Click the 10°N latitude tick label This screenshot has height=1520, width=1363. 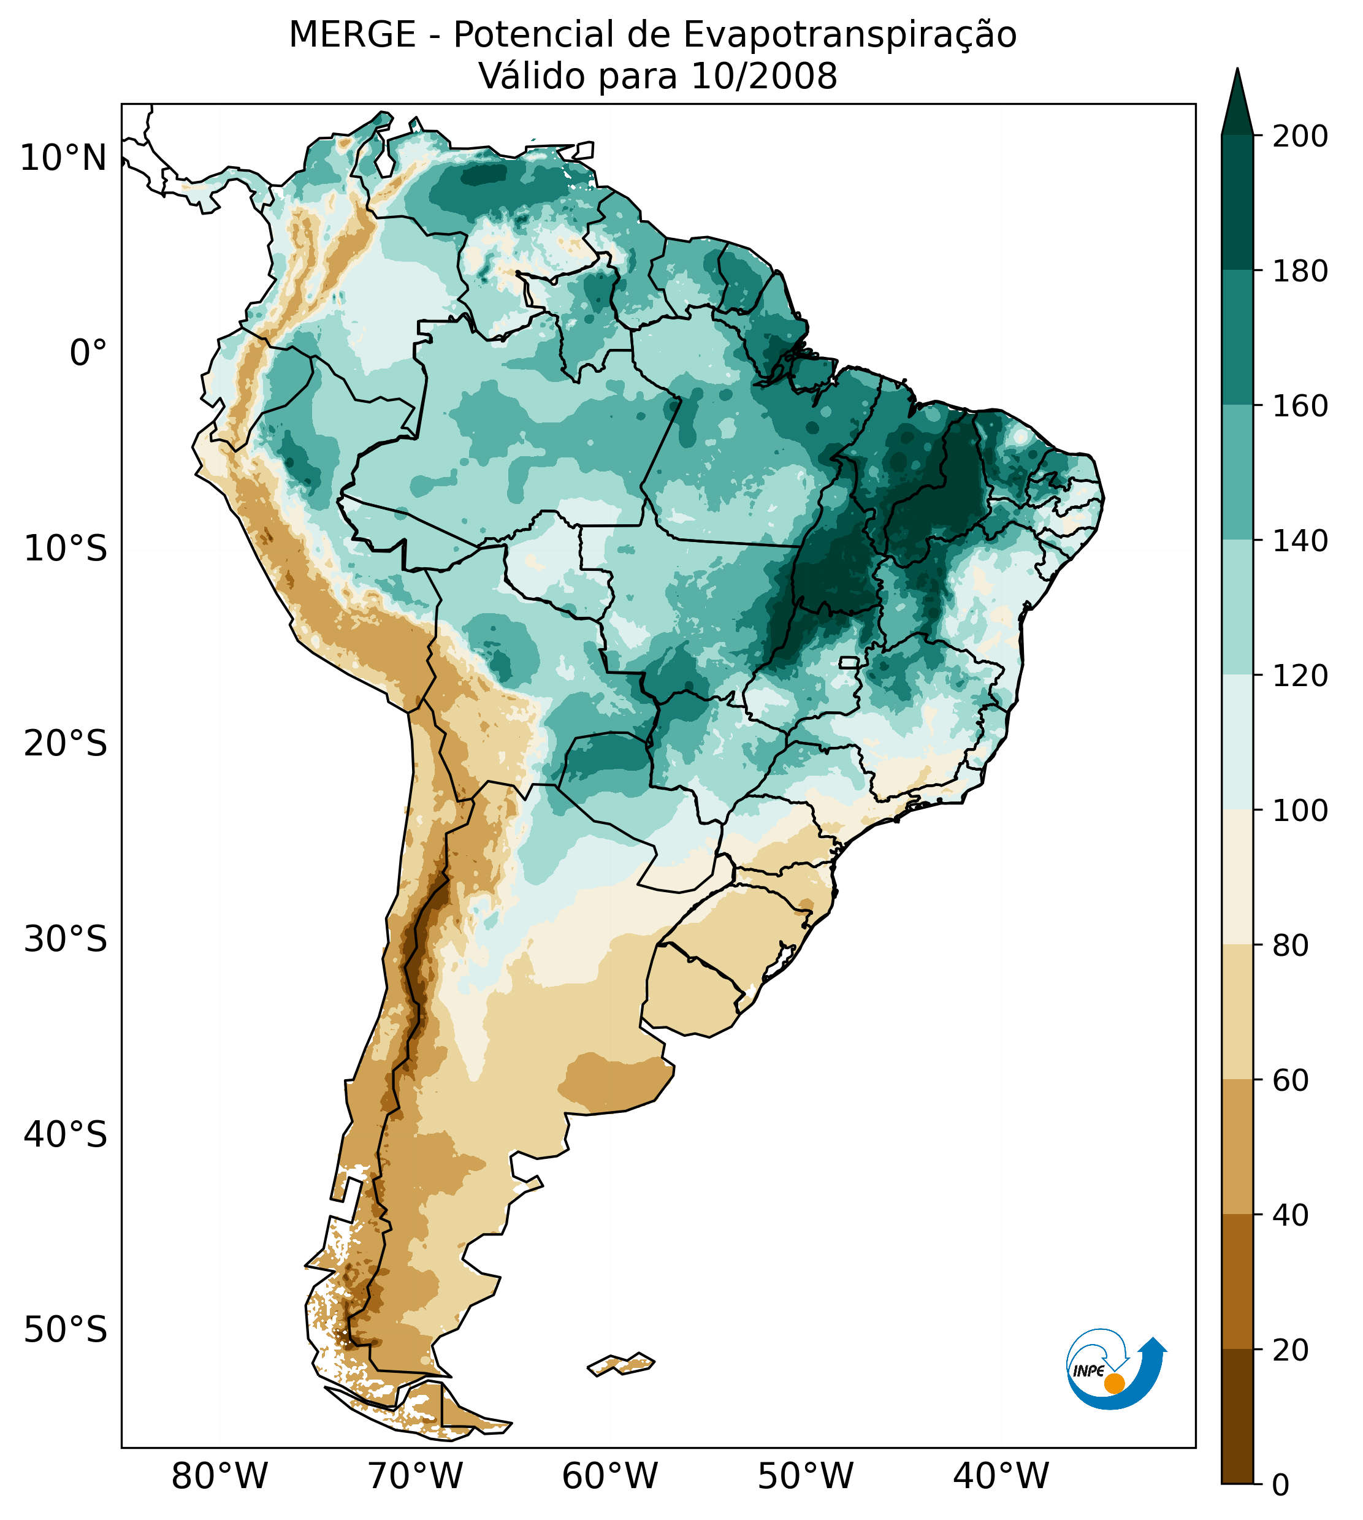point(63,159)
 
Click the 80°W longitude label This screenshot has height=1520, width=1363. point(220,1476)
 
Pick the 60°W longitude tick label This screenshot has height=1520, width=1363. point(609,1476)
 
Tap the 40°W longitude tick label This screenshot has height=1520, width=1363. point(1001,1476)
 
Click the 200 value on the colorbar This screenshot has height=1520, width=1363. point(1300,137)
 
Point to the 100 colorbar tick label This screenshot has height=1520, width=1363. point(1300,810)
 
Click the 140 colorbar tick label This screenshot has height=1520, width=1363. point(1300,541)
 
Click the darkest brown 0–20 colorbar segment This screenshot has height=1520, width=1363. point(1237,1416)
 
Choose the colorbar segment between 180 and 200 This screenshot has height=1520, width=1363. point(1237,202)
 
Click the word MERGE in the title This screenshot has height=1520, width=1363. point(352,35)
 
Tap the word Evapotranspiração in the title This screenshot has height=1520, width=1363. point(850,35)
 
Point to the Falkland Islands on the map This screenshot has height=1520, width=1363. point(622,1364)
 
